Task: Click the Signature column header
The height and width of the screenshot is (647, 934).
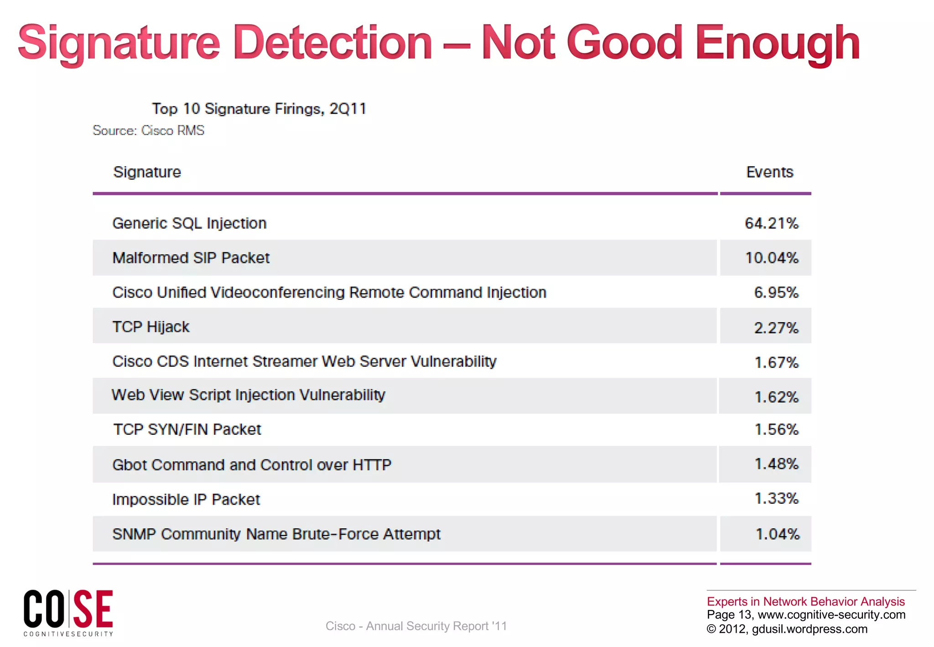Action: pos(147,172)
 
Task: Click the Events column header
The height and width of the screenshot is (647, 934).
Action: pos(769,172)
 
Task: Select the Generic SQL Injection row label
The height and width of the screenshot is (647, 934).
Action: pos(189,223)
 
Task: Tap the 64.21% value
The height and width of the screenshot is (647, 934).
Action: pos(771,223)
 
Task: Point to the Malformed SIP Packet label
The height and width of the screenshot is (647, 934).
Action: pos(191,258)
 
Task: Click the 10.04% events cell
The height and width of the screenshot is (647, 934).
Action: pos(771,258)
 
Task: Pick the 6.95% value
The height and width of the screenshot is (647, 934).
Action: pos(776,292)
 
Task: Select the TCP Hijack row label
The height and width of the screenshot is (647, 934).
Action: pos(150,327)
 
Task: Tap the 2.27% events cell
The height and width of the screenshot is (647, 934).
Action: pos(776,328)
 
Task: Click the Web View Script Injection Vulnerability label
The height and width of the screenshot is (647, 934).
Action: pos(249,395)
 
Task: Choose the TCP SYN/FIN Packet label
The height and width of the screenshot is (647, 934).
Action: pos(187,429)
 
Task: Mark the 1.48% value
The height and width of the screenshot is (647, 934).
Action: pos(776,464)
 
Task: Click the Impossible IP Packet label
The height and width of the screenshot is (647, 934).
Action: pos(186,499)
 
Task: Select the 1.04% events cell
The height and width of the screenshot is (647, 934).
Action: pos(777,534)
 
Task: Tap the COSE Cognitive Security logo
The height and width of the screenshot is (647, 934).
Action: pos(68,612)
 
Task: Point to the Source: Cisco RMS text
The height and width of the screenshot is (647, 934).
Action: pos(148,130)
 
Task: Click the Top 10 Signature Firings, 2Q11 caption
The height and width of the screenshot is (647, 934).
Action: pos(259,109)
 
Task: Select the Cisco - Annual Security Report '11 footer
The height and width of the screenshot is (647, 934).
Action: pos(416,626)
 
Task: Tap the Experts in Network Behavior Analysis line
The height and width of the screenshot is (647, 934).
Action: pos(805,601)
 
